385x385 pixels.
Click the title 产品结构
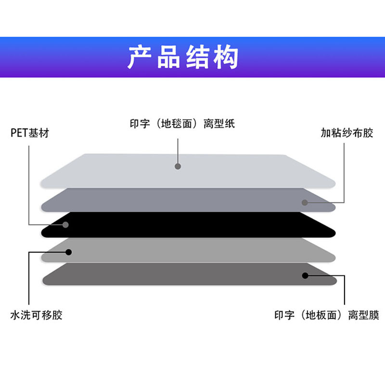(183, 58)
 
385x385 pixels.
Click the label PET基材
(30, 133)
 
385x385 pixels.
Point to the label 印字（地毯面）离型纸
(182, 124)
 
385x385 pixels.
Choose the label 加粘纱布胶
(347, 133)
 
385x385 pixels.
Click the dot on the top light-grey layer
(178, 167)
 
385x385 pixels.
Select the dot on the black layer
(65, 224)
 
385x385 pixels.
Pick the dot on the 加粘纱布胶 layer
(305, 202)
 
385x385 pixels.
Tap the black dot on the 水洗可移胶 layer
(68, 252)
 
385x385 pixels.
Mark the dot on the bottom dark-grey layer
(305, 275)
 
